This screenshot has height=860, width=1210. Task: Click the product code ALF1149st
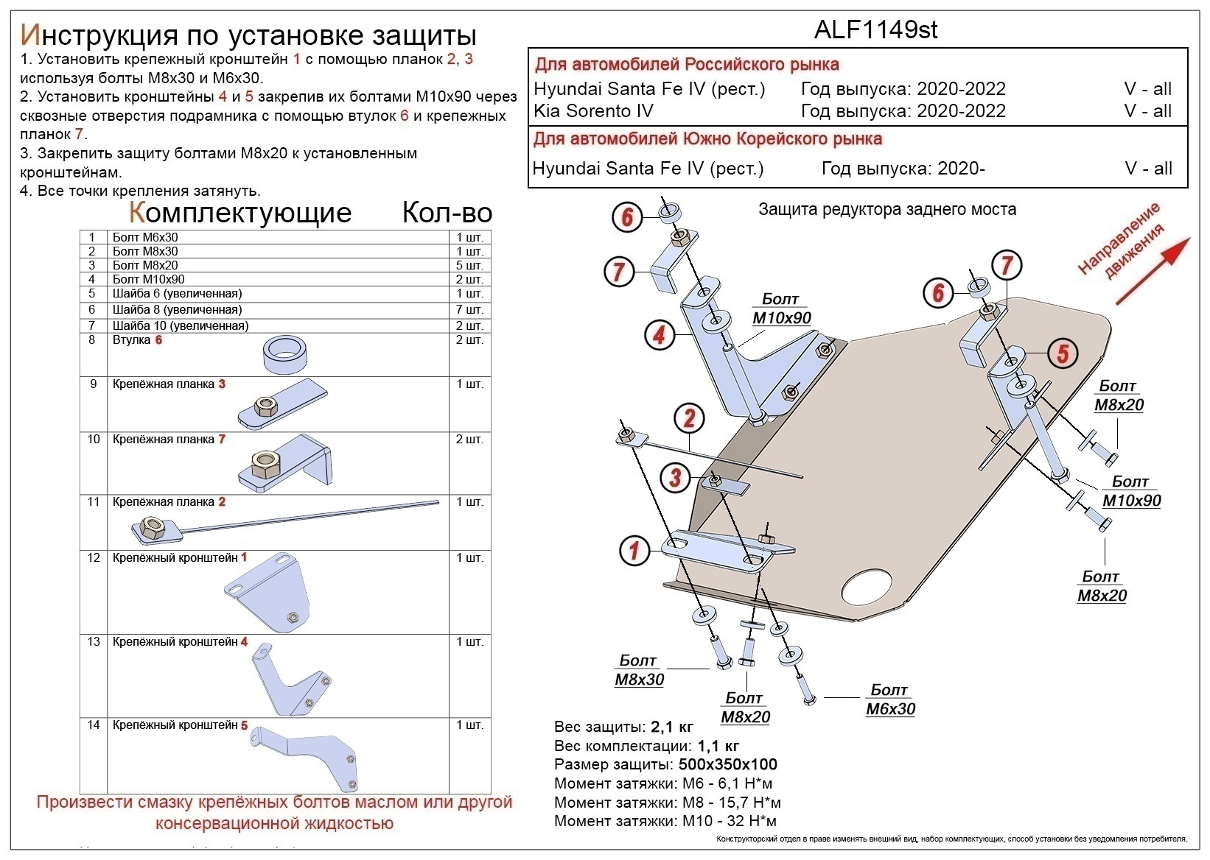tap(875, 29)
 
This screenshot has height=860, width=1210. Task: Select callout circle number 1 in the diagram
tap(634, 549)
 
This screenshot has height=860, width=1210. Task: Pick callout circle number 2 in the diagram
tap(689, 418)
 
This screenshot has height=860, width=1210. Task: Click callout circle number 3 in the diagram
tap(675, 477)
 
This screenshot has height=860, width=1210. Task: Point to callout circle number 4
tap(659, 335)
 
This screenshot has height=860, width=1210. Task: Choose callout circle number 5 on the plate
tap(1063, 353)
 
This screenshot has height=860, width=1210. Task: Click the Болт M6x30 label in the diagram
tap(889, 700)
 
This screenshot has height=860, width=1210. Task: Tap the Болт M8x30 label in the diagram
tap(639, 670)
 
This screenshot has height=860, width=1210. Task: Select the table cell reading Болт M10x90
tap(149, 280)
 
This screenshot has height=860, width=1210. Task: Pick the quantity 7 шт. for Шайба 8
tap(469, 310)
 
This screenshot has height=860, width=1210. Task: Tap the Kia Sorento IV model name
tap(593, 111)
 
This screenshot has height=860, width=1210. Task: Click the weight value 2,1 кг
tap(671, 727)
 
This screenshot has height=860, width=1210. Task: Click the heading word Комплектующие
tap(240, 213)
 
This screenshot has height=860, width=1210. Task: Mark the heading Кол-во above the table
tap(447, 213)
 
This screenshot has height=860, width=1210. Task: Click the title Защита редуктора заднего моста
tap(887, 209)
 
